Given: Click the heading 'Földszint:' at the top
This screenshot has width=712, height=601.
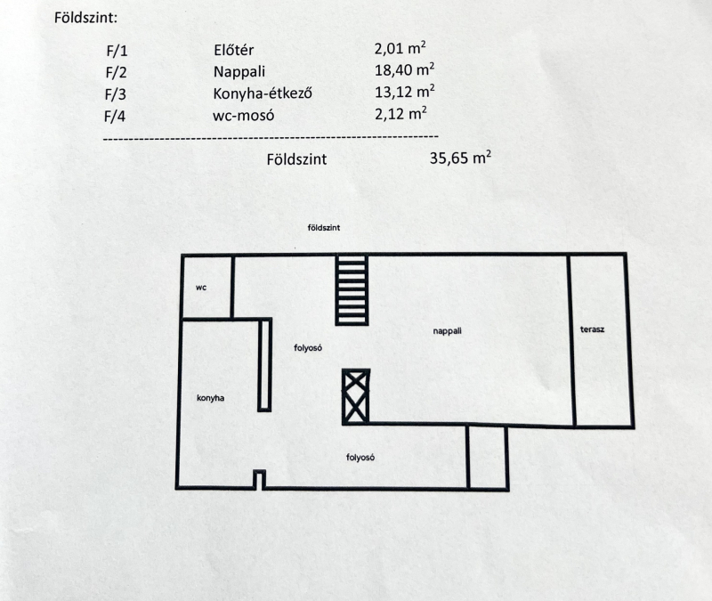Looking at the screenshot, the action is pyautogui.click(x=85, y=18).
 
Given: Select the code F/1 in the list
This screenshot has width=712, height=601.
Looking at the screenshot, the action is pyautogui.click(x=117, y=51).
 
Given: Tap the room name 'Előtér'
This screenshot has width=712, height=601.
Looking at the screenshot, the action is pyautogui.click(x=233, y=50).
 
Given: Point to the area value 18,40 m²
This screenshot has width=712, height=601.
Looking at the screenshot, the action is pyautogui.click(x=404, y=69).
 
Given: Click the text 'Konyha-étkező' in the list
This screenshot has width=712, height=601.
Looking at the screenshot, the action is pyautogui.click(x=263, y=93).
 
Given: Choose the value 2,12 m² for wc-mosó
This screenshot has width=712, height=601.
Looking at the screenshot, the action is pyautogui.click(x=400, y=113).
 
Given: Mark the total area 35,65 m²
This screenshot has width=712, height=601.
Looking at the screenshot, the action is pyautogui.click(x=460, y=158).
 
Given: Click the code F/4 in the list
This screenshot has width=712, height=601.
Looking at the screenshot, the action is pyautogui.click(x=115, y=117).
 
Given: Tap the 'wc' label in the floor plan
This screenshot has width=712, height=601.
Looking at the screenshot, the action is pyautogui.click(x=201, y=288).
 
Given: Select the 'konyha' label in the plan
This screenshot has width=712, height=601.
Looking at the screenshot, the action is pyautogui.click(x=210, y=398).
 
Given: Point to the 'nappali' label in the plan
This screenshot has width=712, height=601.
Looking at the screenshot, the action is pyautogui.click(x=447, y=330).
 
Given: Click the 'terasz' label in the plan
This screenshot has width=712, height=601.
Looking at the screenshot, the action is pyautogui.click(x=592, y=329).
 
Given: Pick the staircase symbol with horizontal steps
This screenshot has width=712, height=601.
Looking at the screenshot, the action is pyautogui.click(x=352, y=290).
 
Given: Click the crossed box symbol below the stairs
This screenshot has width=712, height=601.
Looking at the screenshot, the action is pyautogui.click(x=355, y=397).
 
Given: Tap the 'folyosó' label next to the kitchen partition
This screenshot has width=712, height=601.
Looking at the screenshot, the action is pyautogui.click(x=308, y=347).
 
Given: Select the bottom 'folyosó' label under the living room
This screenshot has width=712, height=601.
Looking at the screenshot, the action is pyautogui.click(x=360, y=458).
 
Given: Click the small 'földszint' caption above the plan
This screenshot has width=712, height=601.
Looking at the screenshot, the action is pyautogui.click(x=323, y=228).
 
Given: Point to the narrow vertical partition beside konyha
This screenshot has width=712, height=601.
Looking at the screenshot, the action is pyautogui.click(x=264, y=365).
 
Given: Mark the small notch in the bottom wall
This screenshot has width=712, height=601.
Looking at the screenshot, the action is pyautogui.click(x=259, y=480).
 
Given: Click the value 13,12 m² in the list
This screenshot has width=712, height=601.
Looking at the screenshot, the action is pyautogui.click(x=404, y=92).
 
